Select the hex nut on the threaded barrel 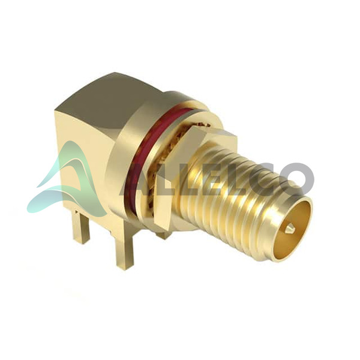click(x=175, y=175)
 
